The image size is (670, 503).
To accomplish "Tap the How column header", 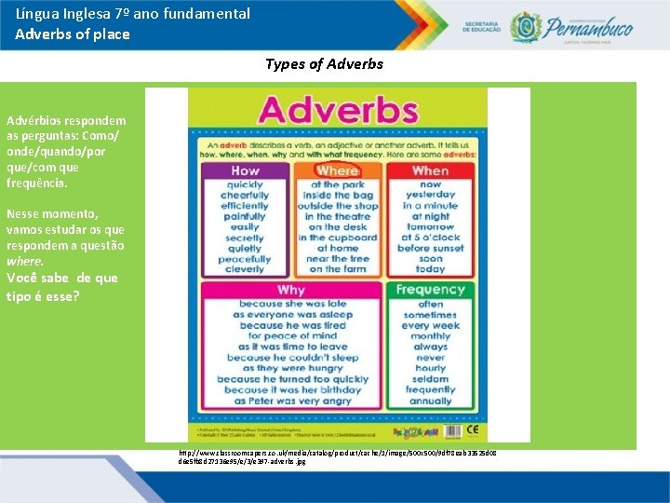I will coord(246,170).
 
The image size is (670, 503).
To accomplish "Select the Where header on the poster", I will coord(337,170).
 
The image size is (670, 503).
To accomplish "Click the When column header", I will coord(430,170).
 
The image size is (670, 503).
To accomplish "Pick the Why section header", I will coord(291,290).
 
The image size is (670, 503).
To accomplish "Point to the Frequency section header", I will coord(430,290).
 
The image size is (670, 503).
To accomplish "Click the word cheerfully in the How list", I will coord(246,196).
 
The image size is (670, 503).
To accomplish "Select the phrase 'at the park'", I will coord(339,184).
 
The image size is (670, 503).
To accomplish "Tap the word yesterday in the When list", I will coord(430,196).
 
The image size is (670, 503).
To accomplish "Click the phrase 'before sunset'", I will coord(430,249).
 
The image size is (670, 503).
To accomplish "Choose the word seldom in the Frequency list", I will coord(430,379).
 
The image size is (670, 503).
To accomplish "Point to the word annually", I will coord(430,401).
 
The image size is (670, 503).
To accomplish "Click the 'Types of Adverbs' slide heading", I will coord(324,64).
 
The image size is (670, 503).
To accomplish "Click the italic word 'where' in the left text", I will coord(19,262).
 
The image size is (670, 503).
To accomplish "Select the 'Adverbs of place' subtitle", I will coord(73,34).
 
